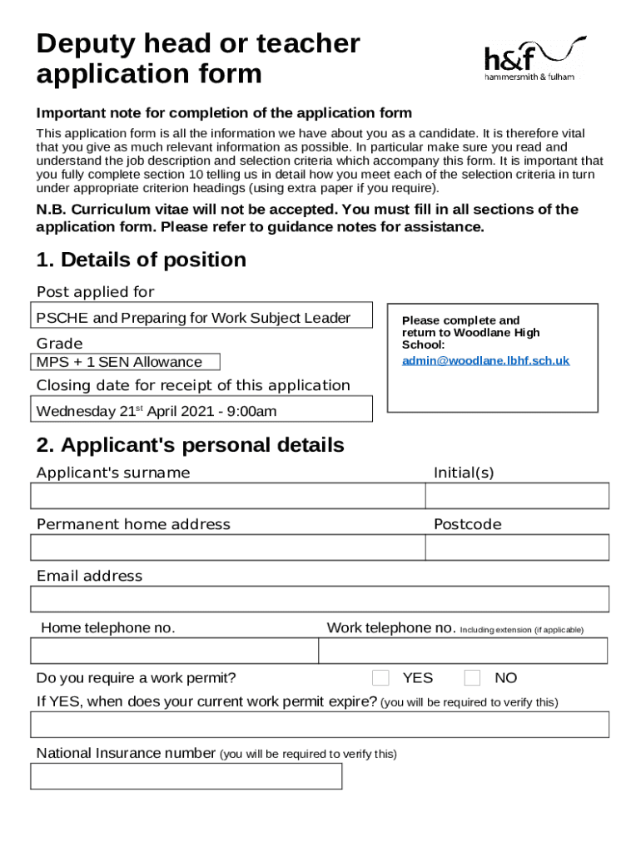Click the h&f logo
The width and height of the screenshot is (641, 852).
(534, 59)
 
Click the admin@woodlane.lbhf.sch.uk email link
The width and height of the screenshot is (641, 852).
(485, 360)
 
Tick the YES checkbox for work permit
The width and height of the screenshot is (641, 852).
(380, 677)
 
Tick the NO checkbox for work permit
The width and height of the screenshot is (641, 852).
(472, 677)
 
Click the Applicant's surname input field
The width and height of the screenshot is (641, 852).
(227, 496)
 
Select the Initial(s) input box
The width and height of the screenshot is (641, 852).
(517, 496)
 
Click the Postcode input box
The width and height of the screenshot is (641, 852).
(517, 547)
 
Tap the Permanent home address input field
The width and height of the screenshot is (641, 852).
(227, 547)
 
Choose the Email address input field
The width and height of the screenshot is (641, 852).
(320, 599)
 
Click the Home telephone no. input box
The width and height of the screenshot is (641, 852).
(175, 651)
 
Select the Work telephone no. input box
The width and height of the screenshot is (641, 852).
(464, 651)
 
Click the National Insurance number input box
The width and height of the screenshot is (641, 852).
(186, 776)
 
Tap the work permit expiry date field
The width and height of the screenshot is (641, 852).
(320, 725)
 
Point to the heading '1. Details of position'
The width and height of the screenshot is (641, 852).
(142, 260)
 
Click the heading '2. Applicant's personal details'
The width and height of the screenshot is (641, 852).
(190, 445)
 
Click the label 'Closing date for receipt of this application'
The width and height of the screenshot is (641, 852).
(193, 385)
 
